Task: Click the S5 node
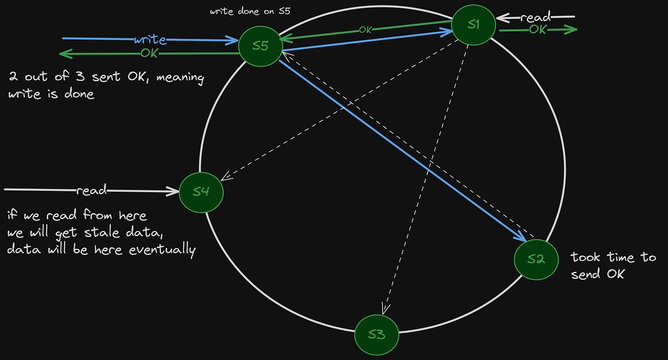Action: pos(260,46)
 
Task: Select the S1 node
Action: pos(473,24)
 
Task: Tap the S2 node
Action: pos(536,259)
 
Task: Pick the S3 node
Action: pos(377,334)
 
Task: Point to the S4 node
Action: pos(201,192)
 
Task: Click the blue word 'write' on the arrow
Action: pos(150,40)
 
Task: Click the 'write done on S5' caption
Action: pos(250,11)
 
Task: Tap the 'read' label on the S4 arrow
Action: pos(91,190)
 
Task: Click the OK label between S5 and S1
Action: pos(365,30)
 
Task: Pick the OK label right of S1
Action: pos(538,29)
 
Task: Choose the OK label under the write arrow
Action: pos(149,53)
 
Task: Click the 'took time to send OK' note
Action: pos(613,266)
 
